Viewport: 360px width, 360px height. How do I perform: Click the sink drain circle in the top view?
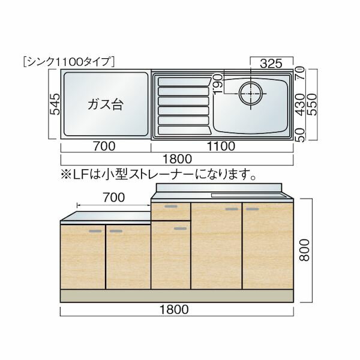pos(250,94)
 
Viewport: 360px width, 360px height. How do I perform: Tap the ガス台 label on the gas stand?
pos(105,104)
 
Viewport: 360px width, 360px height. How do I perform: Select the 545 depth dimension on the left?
pos(54,106)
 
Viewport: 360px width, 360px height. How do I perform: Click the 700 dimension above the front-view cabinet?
pos(113,197)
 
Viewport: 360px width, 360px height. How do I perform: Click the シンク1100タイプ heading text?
pos(67,60)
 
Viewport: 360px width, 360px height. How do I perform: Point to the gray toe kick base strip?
pos(177,295)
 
